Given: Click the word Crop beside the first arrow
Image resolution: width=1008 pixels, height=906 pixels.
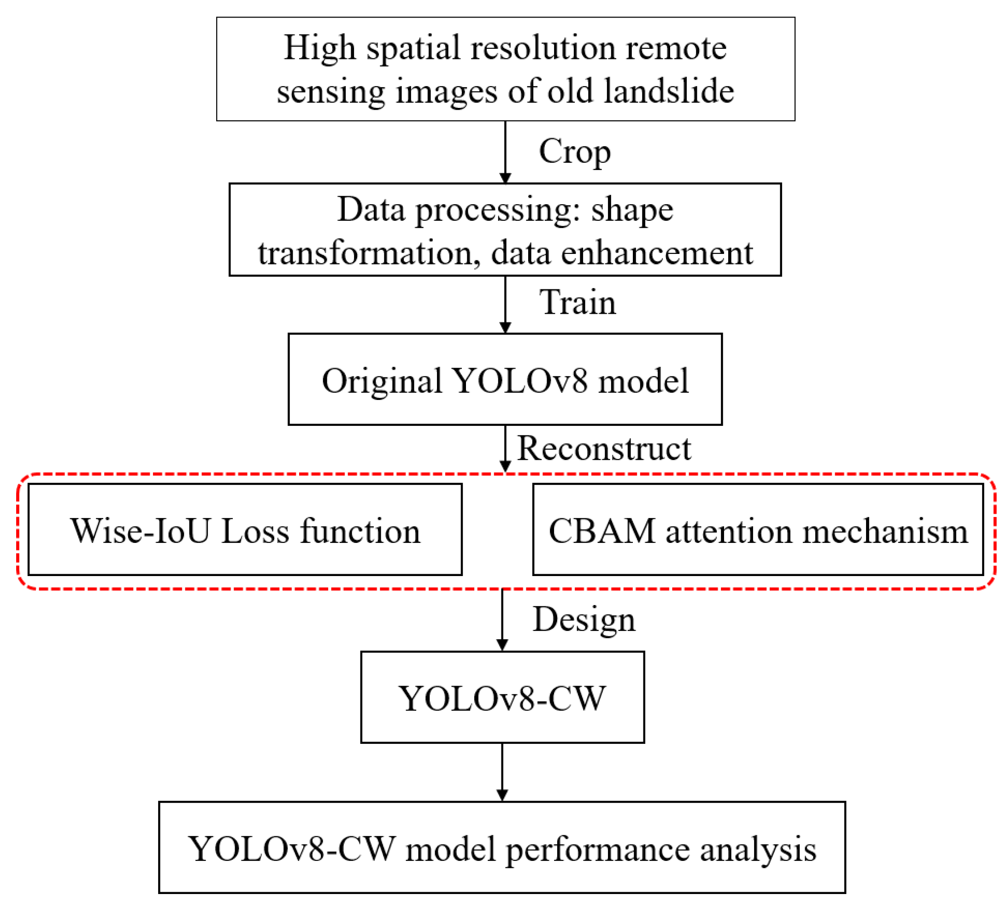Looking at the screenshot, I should click(574, 152).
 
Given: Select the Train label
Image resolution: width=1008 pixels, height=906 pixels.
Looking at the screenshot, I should click(578, 302).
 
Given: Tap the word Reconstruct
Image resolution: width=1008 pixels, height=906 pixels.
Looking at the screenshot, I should click(604, 448).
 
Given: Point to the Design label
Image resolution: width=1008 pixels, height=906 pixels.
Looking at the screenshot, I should click(584, 619).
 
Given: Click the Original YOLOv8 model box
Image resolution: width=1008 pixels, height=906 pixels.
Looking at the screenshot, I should click(505, 379).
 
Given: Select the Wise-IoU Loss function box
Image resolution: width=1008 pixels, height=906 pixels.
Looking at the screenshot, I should click(245, 529).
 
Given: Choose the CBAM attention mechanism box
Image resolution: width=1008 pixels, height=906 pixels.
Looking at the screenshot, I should click(758, 529).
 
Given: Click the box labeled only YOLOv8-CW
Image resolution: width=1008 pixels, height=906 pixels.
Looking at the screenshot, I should click(502, 697).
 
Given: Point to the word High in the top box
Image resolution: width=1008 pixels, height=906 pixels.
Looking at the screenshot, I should click(319, 48).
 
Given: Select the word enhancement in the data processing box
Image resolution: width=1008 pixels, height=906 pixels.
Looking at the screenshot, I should click(657, 253).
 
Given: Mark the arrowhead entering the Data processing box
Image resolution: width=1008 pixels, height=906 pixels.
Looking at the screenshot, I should click(505, 178).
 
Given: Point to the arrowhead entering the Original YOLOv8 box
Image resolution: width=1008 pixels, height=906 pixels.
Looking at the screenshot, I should click(505, 328).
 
